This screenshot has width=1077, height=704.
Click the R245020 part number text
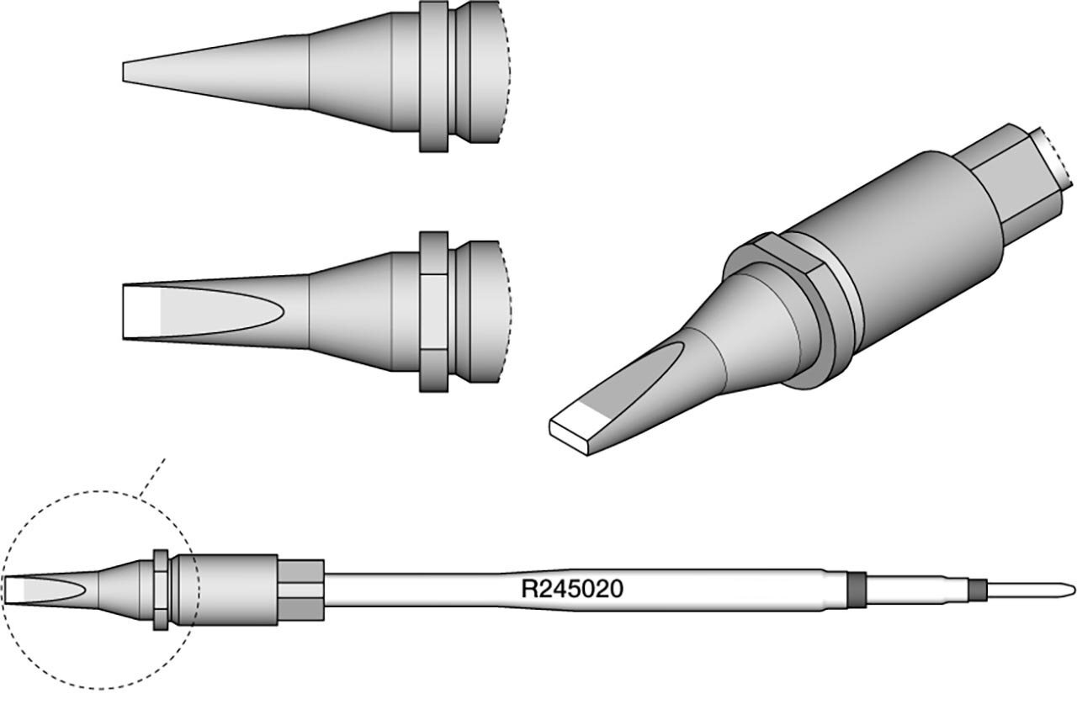point(572,589)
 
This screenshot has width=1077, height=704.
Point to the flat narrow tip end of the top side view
point(124,72)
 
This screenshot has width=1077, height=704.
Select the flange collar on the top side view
point(433,77)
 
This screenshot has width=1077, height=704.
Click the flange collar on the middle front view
point(433,311)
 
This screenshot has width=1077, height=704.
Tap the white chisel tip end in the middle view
point(142,311)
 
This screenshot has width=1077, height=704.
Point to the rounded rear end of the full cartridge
point(1070,590)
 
